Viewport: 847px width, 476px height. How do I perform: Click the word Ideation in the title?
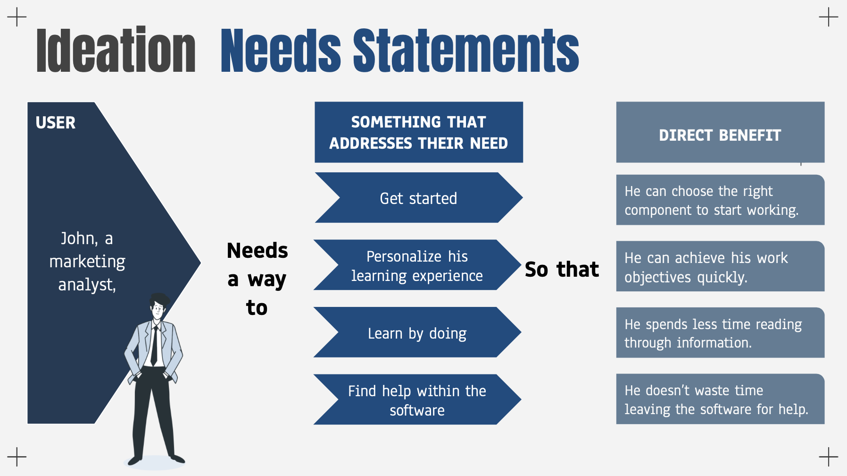(x=116, y=51)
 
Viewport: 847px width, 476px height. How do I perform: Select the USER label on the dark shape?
(x=56, y=123)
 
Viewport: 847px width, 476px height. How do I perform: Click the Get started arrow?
(x=418, y=198)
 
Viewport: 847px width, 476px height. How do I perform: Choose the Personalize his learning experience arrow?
(x=417, y=266)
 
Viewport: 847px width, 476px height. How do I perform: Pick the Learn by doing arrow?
(x=417, y=333)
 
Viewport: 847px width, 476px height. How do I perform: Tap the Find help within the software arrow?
(x=417, y=400)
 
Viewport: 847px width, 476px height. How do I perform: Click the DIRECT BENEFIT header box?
(x=720, y=135)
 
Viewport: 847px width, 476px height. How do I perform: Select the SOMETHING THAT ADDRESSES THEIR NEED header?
(x=418, y=132)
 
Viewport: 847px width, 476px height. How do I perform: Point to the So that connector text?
(x=562, y=269)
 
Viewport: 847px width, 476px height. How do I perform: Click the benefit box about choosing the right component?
(x=720, y=200)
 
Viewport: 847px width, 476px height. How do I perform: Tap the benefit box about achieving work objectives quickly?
(x=720, y=267)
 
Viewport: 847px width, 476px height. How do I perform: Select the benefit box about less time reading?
(x=720, y=333)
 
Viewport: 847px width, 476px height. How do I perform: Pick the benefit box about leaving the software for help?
(x=720, y=399)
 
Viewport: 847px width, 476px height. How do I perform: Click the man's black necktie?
(x=154, y=345)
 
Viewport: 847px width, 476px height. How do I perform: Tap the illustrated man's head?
(x=158, y=307)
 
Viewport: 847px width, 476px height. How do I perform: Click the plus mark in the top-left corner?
(x=17, y=17)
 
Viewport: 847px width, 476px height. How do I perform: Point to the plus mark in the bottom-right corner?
(x=829, y=457)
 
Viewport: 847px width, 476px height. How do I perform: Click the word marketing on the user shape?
(x=87, y=261)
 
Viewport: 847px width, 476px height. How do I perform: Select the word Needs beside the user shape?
(x=257, y=250)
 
